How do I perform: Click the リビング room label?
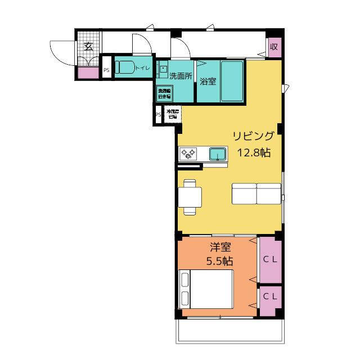tap(254, 136)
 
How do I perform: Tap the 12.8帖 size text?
tap(254, 152)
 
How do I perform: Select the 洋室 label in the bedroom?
tap(220, 246)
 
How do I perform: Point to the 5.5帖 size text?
tap(220, 261)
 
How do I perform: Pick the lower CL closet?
tap(270, 296)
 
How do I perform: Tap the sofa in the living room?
tap(256, 193)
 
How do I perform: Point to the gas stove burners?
tap(187, 153)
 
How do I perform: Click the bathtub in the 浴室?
tap(232, 80)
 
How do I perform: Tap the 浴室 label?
tap(208, 81)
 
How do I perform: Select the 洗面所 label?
tap(181, 76)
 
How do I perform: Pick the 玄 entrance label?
tap(89, 47)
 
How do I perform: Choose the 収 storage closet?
tap(274, 47)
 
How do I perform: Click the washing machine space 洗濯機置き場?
tap(164, 94)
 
